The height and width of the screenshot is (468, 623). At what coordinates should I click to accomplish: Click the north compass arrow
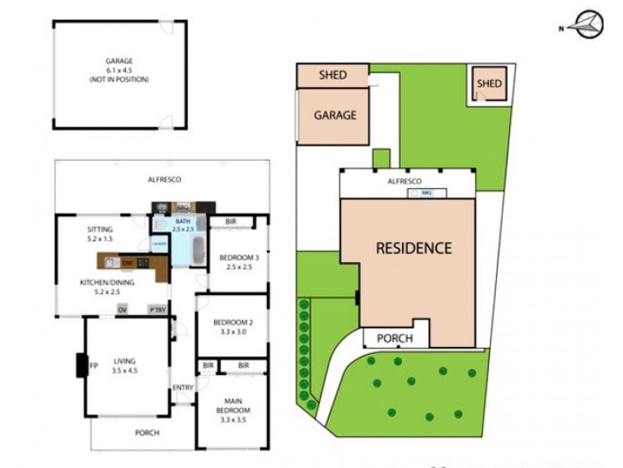[x=586, y=25]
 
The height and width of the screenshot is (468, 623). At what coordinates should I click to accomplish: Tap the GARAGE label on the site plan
[x=335, y=115]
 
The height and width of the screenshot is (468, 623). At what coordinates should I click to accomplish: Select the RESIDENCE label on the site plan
[x=414, y=249]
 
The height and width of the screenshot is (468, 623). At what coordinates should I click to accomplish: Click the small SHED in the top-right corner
[x=489, y=83]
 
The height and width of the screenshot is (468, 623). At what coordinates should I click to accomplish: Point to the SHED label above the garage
[x=333, y=76]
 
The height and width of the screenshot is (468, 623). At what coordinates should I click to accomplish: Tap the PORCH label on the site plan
[x=394, y=339]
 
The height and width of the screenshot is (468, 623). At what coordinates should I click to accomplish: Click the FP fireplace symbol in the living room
[x=92, y=366]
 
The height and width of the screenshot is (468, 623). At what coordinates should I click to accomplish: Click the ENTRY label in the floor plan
[x=183, y=388]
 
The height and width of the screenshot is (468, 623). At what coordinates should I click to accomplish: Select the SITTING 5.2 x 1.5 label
[x=101, y=233]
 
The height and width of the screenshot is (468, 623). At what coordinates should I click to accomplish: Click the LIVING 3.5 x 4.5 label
[x=124, y=366]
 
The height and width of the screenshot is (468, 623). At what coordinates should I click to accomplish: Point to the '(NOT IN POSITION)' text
[x=121, y=80]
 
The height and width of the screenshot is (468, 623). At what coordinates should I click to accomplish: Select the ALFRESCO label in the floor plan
[x=164, y=179]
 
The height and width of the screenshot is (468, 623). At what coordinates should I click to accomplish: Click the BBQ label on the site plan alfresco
[x=427, y=191]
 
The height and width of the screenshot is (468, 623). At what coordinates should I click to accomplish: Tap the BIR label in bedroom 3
[x=231, y=222]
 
